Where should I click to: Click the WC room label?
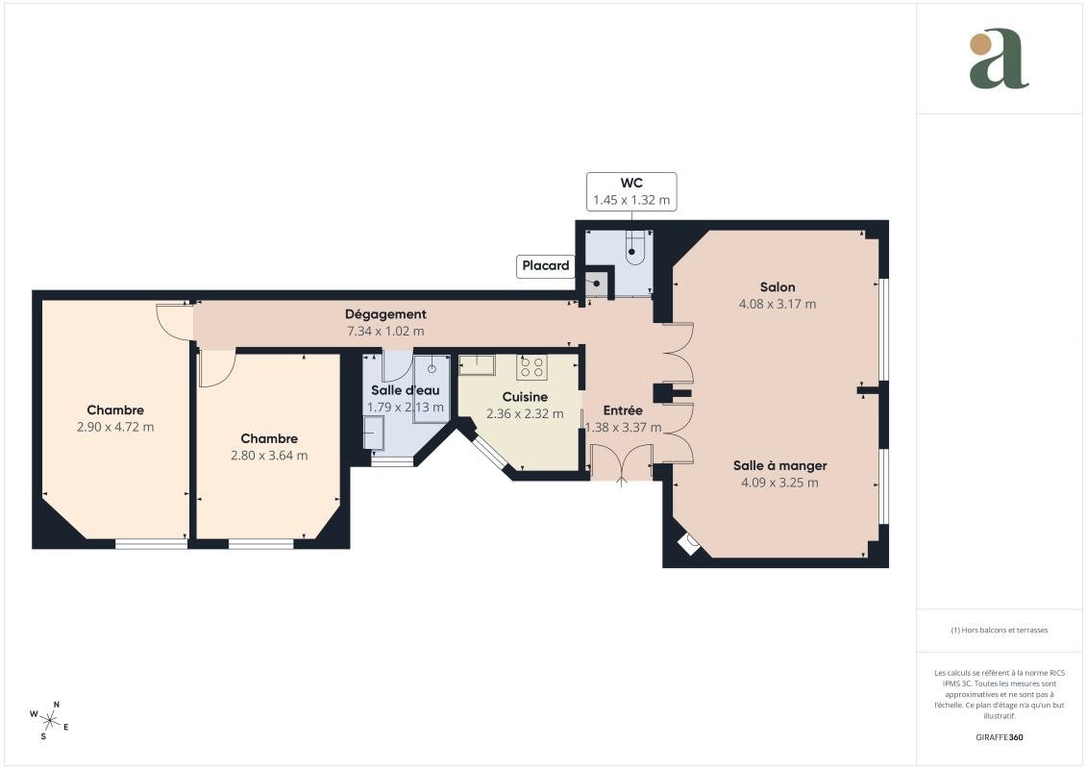click(x=631, y=183)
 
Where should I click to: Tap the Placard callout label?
click(x=546, y=265)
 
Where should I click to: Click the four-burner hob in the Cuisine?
click(x=531, y=367)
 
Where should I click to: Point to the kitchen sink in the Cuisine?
click(x=477, y=364)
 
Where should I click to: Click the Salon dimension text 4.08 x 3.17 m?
click(x=778, y=304)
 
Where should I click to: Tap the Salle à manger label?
click(x=779, y=466)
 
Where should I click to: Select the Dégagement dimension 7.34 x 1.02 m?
click(x=385, y=332)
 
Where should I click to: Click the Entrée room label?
click(x=623, y=410)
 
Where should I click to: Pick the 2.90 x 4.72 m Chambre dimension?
click(x=115, y=427)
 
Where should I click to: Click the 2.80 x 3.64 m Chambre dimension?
click(x=269, y=456)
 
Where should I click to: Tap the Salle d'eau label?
click(x=405, y=390)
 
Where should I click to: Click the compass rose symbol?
click(x=49, y=721)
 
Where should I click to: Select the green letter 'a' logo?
click(x=999, y=60)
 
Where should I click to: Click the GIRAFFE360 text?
click(x=999, y=737)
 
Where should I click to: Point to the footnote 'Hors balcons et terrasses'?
click(x=999, y=631)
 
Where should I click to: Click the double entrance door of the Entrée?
click(x=621, y=462)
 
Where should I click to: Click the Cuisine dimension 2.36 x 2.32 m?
click(x=525, y=414)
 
